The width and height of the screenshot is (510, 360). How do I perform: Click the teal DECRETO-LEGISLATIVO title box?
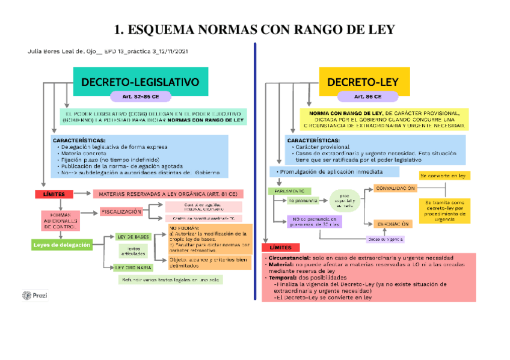(x=140, y=81)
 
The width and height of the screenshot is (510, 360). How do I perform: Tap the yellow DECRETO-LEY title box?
(x=363, y=82)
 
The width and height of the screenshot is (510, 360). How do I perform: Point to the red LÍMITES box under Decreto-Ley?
(x=281, y=247)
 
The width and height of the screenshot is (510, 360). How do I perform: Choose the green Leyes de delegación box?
(x=62, y=245)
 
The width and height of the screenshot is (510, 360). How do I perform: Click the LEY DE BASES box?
(x=134, y=236)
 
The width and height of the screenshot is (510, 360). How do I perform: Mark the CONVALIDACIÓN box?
(x=395, y=188)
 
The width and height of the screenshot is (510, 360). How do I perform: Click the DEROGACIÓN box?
(x=393, y=224)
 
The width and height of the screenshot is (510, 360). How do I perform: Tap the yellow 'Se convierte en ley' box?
(x=445, y=175)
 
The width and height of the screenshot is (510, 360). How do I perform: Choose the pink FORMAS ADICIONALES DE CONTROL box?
(x=60, y=221)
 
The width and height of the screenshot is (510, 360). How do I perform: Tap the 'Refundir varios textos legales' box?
(x=171, y=279)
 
